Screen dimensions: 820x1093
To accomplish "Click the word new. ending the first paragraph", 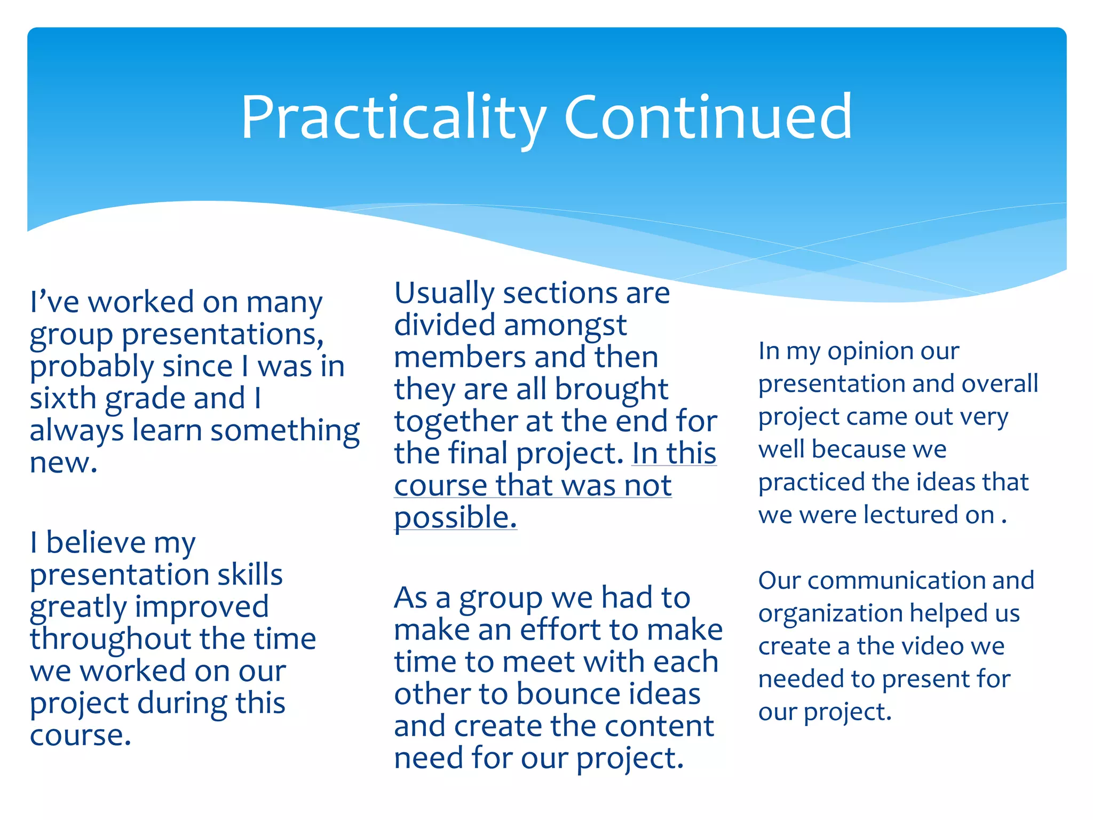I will (64, 463).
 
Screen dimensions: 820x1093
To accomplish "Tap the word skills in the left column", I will (250, 575).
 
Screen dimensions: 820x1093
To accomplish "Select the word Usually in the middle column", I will (445, 294).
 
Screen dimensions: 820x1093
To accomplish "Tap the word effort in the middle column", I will (559, 630).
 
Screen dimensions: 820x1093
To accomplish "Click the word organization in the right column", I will (830, 614).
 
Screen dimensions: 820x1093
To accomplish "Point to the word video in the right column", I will (931, 646).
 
